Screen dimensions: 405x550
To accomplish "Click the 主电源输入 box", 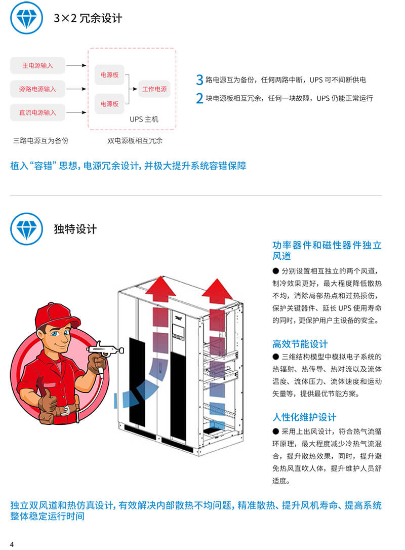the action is tap(37, 66).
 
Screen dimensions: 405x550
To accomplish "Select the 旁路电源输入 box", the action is tap(37, 89).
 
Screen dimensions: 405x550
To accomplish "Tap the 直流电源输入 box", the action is tap(37, 112).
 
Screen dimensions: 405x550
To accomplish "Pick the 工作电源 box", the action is tap(154, 89).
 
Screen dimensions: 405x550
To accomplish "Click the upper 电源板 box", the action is tap(109, 75).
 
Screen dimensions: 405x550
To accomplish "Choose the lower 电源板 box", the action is tap(109, 104).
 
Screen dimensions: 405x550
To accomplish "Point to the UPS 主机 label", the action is tap(144, 119).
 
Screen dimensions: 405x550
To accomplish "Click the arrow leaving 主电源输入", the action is tap(76, 65).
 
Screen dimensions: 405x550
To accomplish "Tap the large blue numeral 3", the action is tap(199, 80).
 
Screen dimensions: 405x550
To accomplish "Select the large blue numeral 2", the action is tap(199, 98).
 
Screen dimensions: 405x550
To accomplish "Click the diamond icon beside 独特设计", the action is tap(27, 229).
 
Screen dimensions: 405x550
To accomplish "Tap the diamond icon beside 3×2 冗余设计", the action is tap(27, 18).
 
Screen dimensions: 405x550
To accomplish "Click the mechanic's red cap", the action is tap(56, 315).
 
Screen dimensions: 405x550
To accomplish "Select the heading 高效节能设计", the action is tap(300, 344).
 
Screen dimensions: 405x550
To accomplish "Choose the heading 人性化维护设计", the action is tap(304, 417).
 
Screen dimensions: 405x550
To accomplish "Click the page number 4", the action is tap(12, 544).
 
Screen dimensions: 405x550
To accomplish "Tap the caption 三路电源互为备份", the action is tap(40, 141).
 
